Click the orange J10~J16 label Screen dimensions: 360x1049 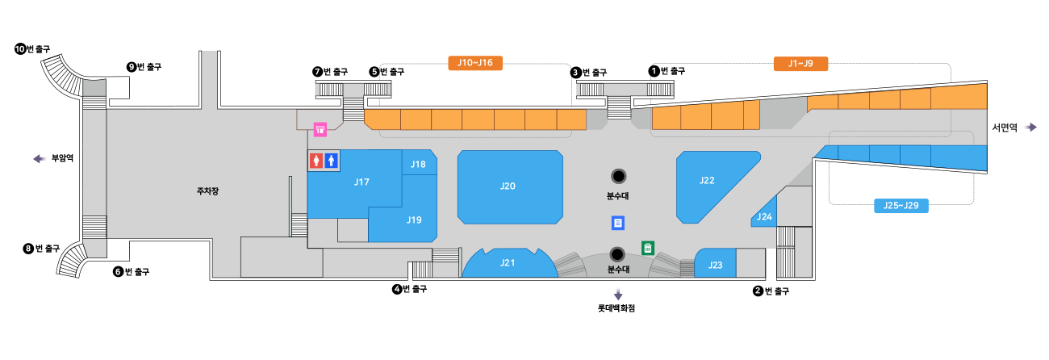pyautogui.click(x=475, y=63)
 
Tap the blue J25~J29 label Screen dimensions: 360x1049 pyautogui.click(x=901, y=206)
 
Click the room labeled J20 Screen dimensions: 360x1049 pyautogui.click(x=508, y=186)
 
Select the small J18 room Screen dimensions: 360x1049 pyautogui.click(x=418, y=165)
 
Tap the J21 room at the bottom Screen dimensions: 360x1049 pyautogui.click(x=508, y=262)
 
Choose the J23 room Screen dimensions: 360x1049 pyautogui.click(x=715, y=265)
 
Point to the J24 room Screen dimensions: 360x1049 pyautogui.click(x=765, y=216)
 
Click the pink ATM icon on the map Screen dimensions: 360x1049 pyautogui.click(x=320, y=128)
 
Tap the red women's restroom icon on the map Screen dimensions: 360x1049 pyautogui.click(x=316, y=161)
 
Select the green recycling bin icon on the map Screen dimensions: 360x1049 pyautogui.click(x=647, y=248)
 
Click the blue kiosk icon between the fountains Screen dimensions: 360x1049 pyautogui.click(x=618, y=223)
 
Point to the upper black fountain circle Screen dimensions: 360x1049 pyautogui.click(x=618, y=176)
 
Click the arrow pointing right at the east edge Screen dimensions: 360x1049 pyautogui.click(x=1029, y=127)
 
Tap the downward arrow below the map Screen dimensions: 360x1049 pyautogui.click(x=618, y=293)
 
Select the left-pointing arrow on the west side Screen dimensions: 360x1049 pyautogui.click(x=40, y=159)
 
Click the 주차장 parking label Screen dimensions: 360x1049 pyautogui.click(x=207, y=192)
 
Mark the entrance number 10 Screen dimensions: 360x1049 pyautogui.click(x=20, y=49)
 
